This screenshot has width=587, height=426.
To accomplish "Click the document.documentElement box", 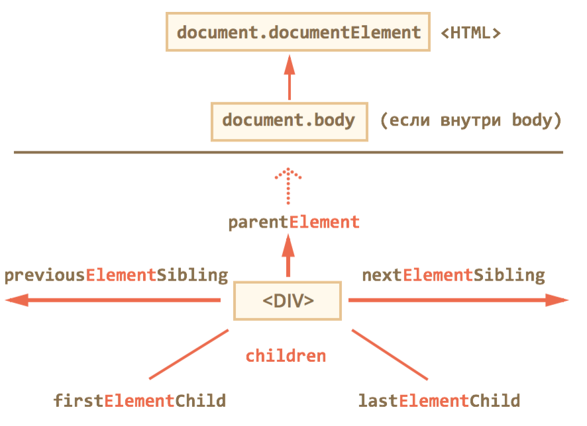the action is (298, 32).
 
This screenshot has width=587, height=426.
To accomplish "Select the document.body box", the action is (288, 121).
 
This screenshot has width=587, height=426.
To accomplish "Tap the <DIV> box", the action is (288, 301).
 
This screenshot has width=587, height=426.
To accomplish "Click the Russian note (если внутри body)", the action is (470, 121).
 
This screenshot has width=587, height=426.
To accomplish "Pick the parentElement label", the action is (293, 222).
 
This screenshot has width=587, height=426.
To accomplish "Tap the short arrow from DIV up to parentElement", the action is (288, 258).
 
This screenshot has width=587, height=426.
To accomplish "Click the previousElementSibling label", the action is (116, 275).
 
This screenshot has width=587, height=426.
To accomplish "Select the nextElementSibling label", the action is (453, 275).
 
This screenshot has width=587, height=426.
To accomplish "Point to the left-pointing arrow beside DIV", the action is (113, 301).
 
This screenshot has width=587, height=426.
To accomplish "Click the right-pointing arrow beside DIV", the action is (457, 301).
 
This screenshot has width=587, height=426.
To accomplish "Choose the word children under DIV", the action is (286, 356).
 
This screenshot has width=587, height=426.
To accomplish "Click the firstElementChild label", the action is (140, 401).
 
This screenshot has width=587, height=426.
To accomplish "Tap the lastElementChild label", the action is (439, 401).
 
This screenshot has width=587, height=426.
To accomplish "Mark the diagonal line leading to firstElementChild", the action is (189, 355).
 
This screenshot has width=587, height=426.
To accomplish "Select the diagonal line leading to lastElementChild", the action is (390, 355).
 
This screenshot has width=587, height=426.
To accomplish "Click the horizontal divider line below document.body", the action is (288, 153).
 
